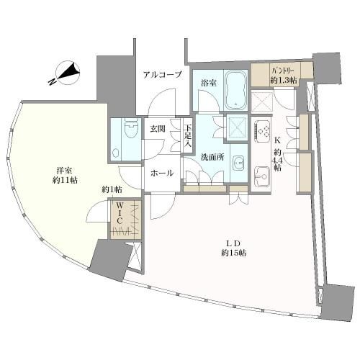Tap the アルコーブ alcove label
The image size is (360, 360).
pos(163,75)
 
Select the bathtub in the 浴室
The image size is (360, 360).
pos(235,90)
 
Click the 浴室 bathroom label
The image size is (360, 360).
pos(209,84)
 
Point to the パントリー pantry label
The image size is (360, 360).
pos(282,71)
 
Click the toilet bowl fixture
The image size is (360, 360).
pos(131,129)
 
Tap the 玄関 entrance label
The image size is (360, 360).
pos(158,129)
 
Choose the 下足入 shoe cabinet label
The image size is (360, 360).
pos(188,136)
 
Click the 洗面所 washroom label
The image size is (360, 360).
pos(212,157)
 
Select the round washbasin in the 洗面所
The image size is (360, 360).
pos(238,163)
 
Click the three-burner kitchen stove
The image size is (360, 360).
pos(262,132)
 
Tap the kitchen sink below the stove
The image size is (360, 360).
pos(262,176)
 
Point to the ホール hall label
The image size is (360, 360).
pos(162,173)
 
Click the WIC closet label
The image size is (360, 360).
pos(120,212)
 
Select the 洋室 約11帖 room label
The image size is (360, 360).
pos(65,176)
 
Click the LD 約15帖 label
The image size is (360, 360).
pos(233,248)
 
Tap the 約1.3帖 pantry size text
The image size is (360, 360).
pos(283,80)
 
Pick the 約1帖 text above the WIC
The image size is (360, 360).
pos(112,190)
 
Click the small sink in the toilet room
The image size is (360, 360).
pos(116,153)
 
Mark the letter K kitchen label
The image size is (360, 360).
pos(278,140)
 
